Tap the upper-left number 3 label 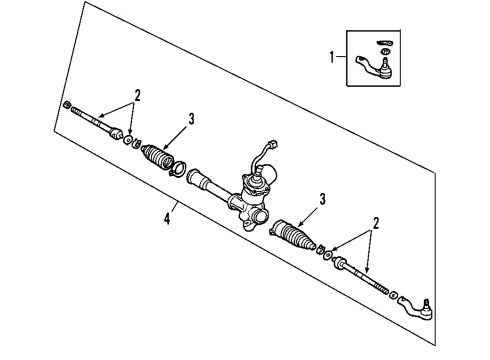[190, 119]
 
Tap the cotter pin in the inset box [384, 42]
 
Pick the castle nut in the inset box [384, 52]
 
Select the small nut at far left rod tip [67, 104]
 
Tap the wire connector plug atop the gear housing [267, 146]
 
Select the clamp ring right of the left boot [179, 169]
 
